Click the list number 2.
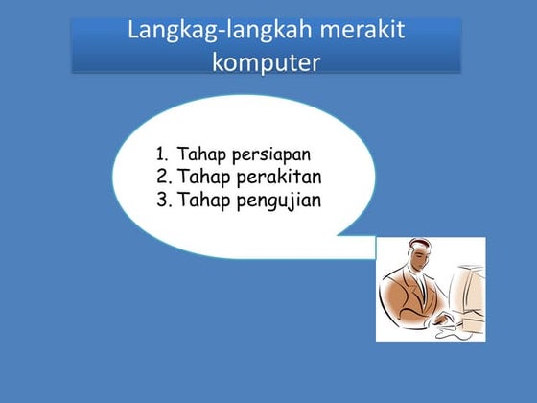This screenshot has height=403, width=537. tap(161, 177)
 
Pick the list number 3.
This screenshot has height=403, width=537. tap(161, 201)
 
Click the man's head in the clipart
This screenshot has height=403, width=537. tap(411, 257)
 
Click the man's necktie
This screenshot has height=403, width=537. tap(425, 289)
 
